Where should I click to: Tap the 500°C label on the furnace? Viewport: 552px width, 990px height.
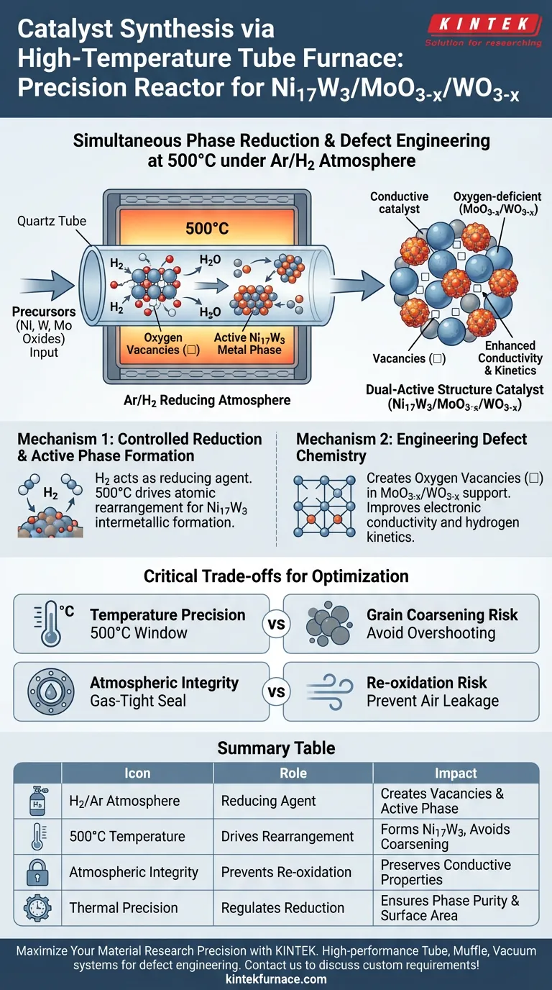click(207, 229)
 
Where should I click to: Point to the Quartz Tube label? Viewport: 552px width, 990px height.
click(51, 220)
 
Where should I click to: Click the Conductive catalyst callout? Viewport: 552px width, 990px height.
click(399, 202)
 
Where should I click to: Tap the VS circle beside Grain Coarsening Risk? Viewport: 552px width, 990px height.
click(276, 624)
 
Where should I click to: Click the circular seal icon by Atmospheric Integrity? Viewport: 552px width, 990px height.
click(51, 691)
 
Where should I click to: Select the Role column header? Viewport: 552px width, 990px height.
click(293, 773)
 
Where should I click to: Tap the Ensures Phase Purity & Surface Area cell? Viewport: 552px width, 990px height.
click(450, 907)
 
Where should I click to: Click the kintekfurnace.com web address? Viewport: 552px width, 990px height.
click(276, 978)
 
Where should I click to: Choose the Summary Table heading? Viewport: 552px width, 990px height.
click(276, 748)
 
